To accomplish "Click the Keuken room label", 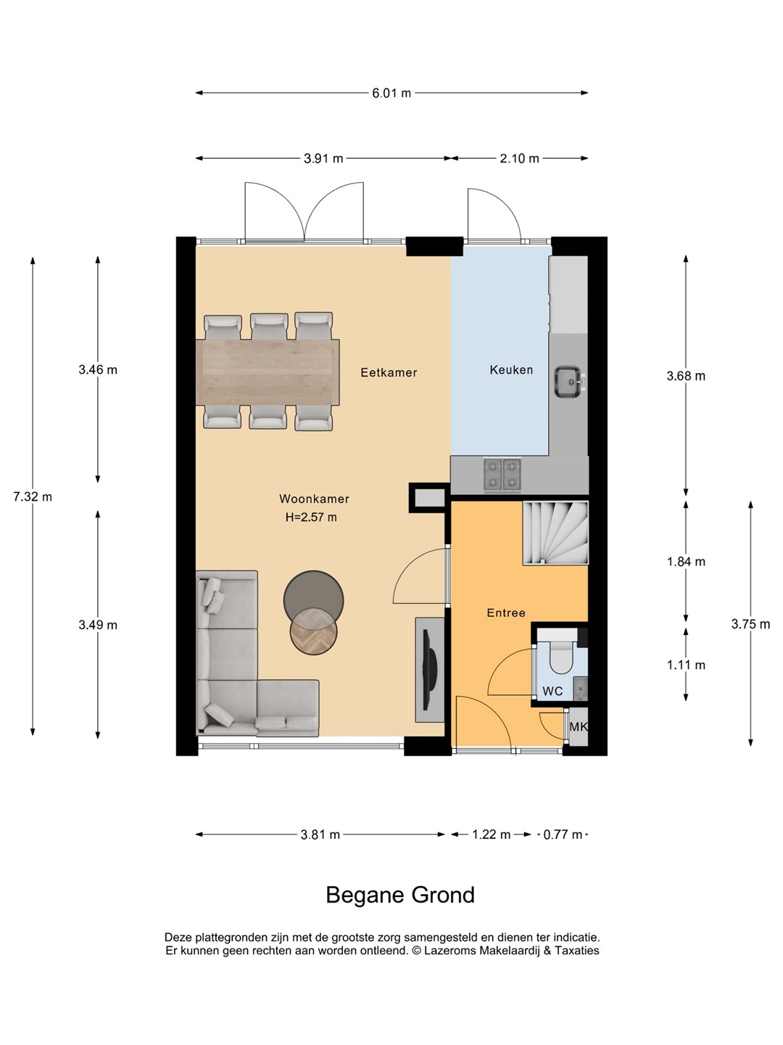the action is [511, 370].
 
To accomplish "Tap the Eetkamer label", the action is [389, 372].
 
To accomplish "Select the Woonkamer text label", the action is [314, 499].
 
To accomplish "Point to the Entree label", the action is [506, 612].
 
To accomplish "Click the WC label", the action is [552, 691].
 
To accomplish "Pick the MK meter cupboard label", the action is [579, 727].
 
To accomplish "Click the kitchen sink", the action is [569, 381].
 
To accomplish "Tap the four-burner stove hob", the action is [502, 475].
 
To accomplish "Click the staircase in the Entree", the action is [555, 533].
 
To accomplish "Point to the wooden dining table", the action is [268, 372].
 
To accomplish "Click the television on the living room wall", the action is [430, 670].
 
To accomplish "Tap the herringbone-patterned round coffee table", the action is [314, 633].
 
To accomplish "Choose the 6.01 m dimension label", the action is [391, 94].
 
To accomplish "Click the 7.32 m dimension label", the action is [33, 497].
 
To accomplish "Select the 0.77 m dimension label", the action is [563, 835].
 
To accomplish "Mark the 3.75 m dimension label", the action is [750, 624].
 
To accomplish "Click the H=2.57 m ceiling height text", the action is [312, 517].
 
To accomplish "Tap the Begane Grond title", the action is [400, 895].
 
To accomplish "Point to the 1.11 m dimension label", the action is [686, 665].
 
